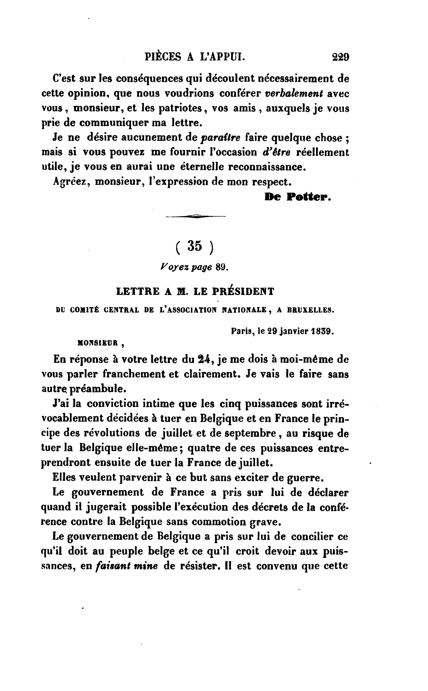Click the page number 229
point(341,57)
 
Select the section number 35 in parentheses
point(195,246)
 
